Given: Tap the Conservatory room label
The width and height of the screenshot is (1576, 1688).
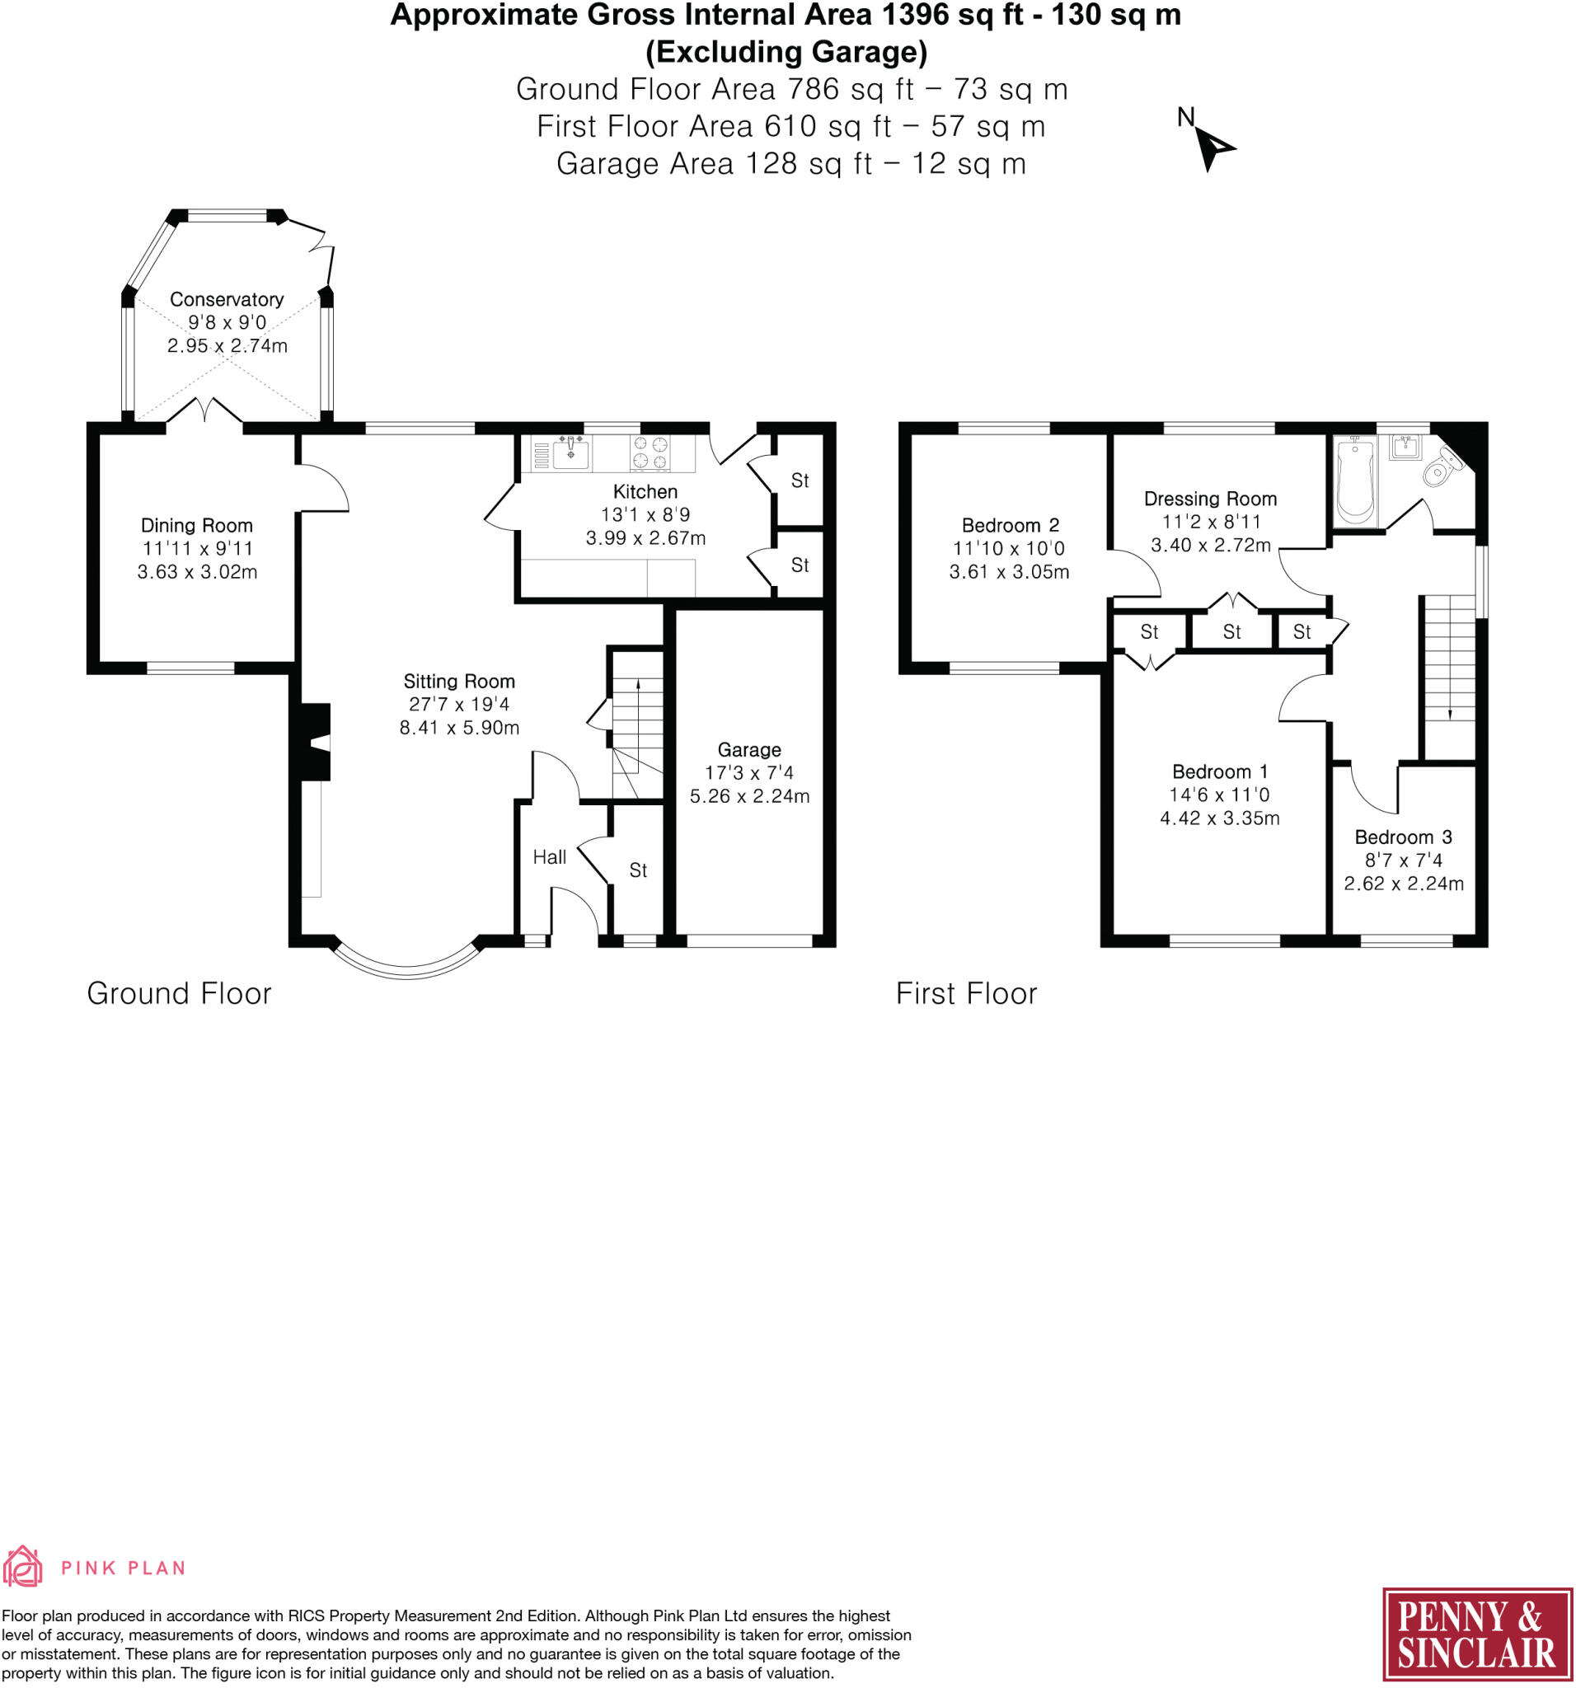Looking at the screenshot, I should point(226,299).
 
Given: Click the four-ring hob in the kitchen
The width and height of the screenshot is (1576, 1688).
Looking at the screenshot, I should point(650,452).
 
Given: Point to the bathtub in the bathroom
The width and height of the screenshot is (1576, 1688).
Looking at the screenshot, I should point(1354,480).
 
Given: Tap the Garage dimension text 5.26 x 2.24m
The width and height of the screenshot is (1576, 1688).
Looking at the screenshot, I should point(749,795).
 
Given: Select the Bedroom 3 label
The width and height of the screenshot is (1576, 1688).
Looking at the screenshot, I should point(1403,837).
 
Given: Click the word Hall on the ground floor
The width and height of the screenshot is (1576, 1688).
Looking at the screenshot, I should point(550,856).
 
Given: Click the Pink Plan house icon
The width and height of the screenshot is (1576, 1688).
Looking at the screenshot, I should point(22,1567).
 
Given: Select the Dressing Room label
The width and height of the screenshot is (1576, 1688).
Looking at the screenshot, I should point(1210,499).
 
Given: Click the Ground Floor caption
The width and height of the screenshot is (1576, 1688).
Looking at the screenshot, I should point(179,993).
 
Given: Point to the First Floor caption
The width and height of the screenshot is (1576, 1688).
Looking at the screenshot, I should point(966,993).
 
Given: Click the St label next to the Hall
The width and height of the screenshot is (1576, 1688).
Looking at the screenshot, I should point(638,870).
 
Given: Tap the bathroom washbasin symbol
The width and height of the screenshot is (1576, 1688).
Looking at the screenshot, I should point(1406,447).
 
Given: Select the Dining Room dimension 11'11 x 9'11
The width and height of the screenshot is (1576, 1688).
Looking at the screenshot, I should point(197,548).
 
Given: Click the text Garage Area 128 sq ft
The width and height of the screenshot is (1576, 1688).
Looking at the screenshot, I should point(713,164).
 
